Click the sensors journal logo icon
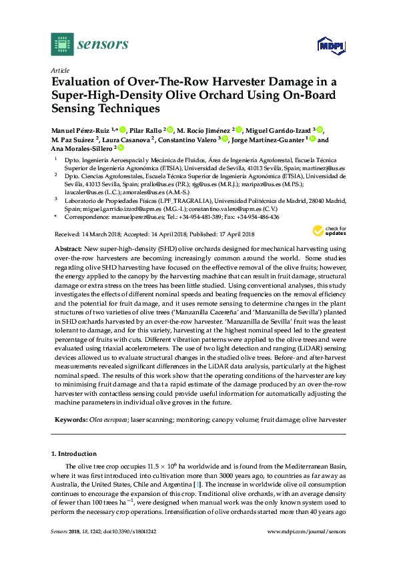[61, 45]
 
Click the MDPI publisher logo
[331, 45]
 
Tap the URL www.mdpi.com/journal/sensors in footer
[306, 531]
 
